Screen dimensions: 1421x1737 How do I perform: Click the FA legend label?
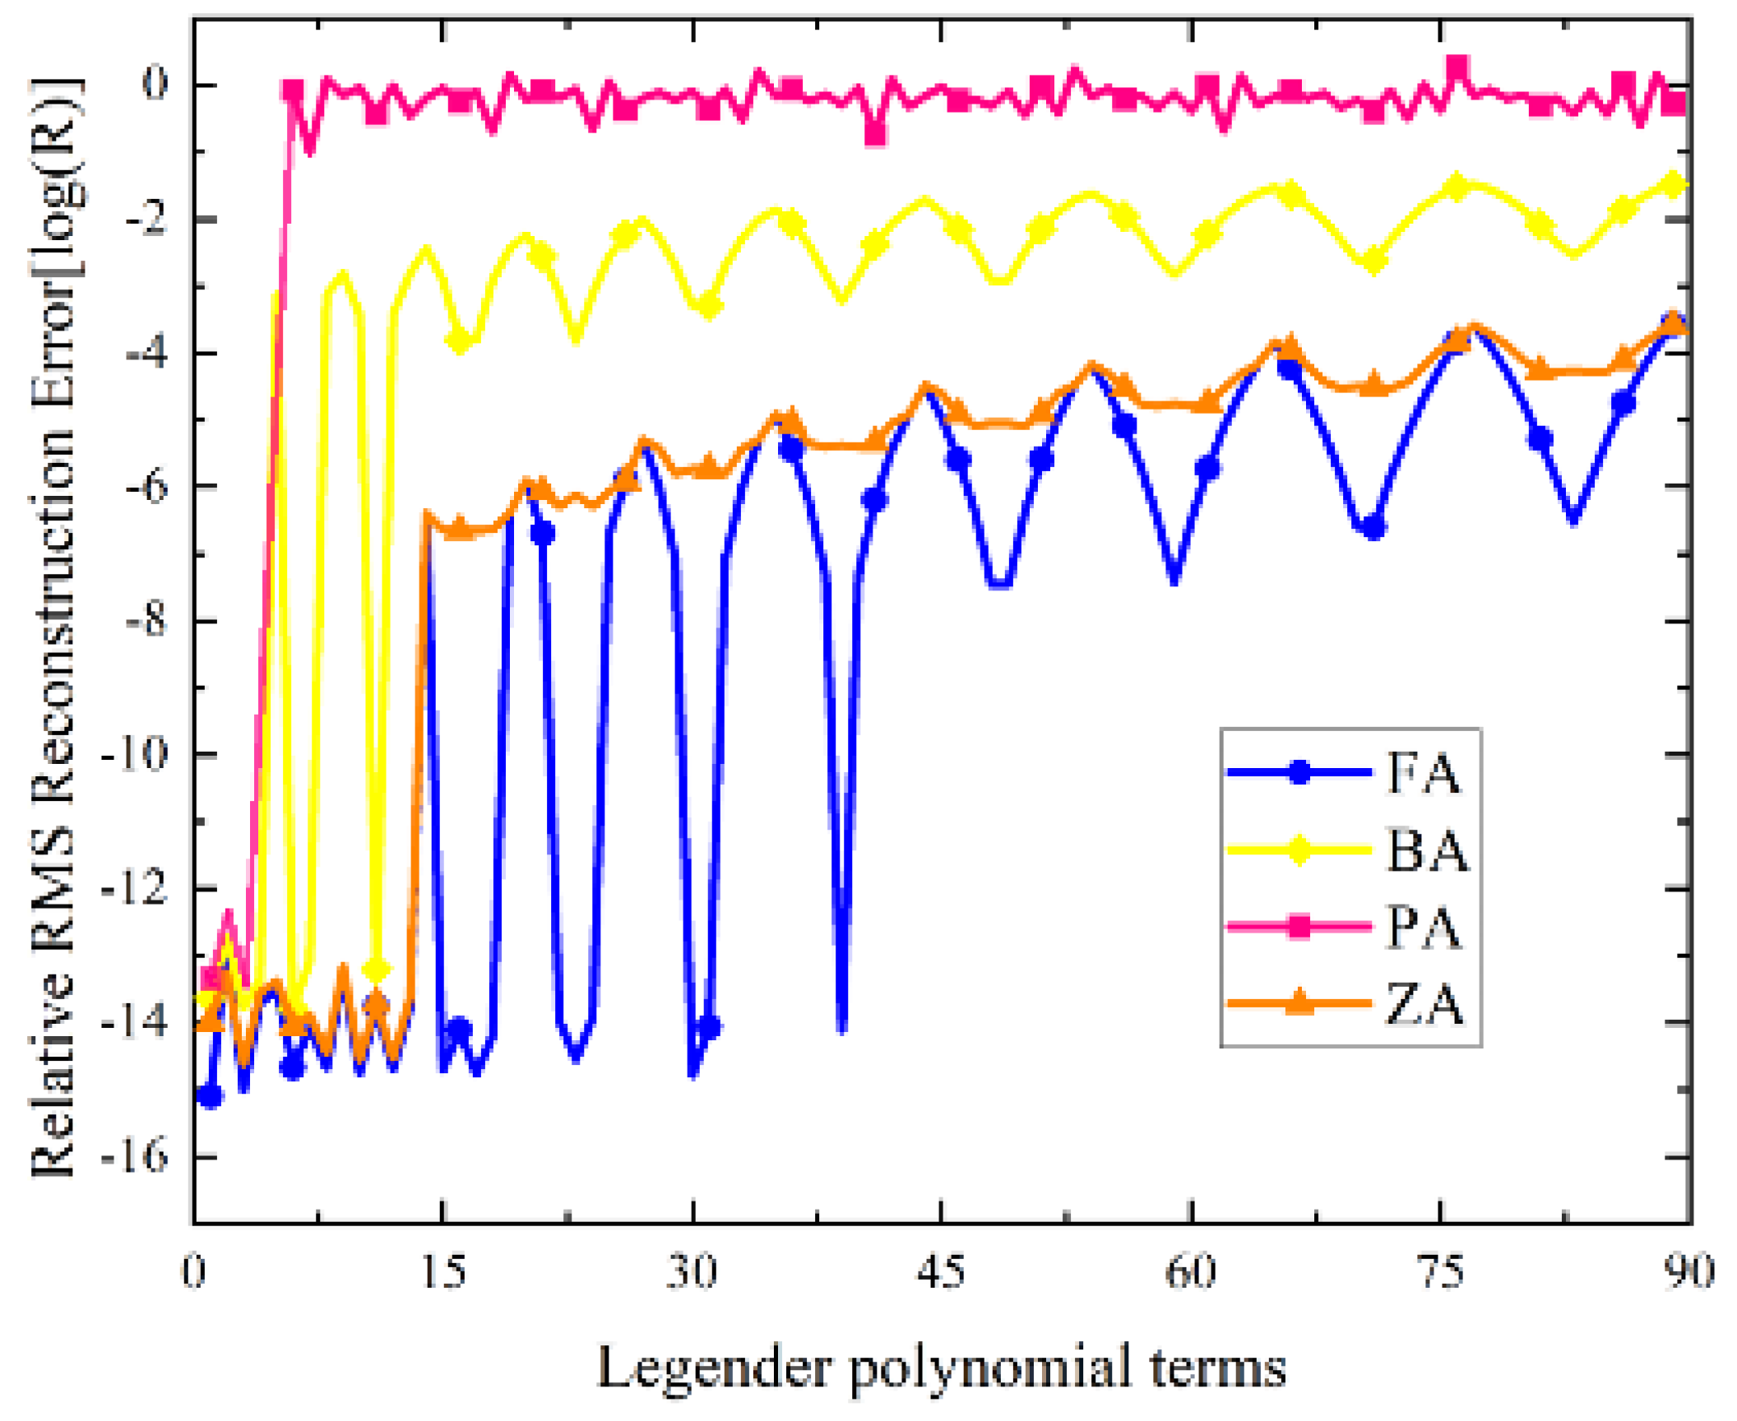pos(1424,774)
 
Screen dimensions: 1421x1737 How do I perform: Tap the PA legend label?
pos(1424,928)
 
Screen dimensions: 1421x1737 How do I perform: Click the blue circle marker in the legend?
pos(1299,772)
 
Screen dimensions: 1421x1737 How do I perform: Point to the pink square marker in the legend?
pos(1299,927)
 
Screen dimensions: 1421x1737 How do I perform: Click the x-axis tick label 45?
pos(943,1271)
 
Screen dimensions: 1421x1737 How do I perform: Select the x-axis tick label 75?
pos(1442,1271)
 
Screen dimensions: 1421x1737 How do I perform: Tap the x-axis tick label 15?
pos(443,1271)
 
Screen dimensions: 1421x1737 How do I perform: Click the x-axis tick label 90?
pos(1690,1271)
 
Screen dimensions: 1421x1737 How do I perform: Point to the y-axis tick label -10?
pos(134,753)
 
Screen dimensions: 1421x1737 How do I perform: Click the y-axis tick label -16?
pos(134,1156)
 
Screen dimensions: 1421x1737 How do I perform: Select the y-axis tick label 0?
pos(155,84)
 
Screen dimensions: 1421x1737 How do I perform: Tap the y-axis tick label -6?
pos(145,486)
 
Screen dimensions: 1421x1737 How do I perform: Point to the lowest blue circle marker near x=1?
pos(211,1096)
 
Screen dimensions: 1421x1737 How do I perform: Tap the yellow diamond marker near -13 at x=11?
pos(377,970)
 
